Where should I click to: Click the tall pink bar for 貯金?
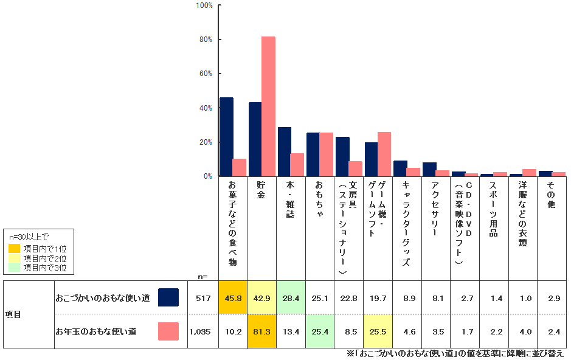tap(268, 106)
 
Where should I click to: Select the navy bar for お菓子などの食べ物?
tap(226, 137)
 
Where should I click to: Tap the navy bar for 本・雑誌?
tap(285, 151)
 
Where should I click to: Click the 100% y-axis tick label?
tap(204, 5)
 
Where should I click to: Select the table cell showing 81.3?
tap(261, 331)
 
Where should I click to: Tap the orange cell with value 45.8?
tap(232, 298)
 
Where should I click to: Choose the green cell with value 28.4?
tap(291, 298)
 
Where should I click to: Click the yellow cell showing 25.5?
tap(378, 331)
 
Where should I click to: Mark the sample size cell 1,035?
tap(199, 331)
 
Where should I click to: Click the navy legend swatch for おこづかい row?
tap(168, 297)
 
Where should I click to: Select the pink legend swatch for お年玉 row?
tap(168, 331)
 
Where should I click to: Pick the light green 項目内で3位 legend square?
tap(15, 267)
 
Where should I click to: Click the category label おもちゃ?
tap(320, 195)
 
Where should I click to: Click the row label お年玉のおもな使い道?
tap(95, 331)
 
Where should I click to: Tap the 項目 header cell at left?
tap(13, 314)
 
